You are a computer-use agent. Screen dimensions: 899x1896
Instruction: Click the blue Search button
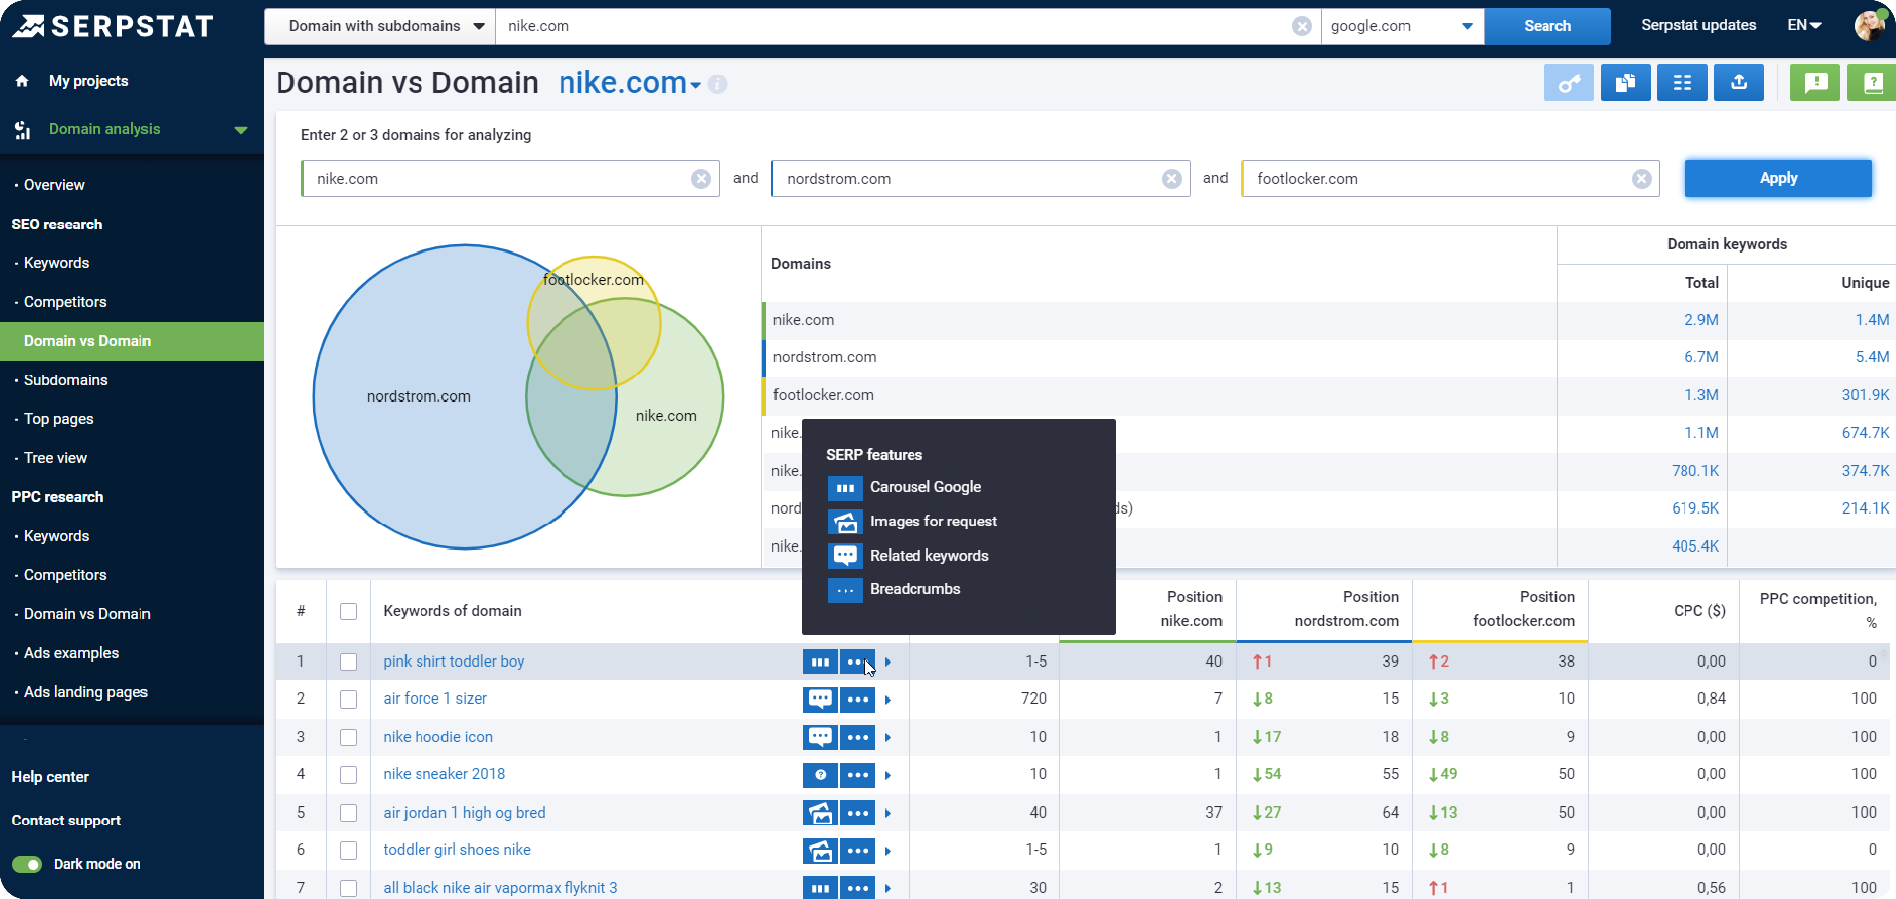tap(1546, 26)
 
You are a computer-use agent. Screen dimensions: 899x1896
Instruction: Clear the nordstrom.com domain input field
tap(1171, 179)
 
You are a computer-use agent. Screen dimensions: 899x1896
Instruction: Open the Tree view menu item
tap(55, 457)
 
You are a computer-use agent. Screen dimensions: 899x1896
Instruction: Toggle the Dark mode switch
tap(27, 864)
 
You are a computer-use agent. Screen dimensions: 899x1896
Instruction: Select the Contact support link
tap(66, 820)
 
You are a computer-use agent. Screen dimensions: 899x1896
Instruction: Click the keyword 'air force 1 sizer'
tap(435, 698)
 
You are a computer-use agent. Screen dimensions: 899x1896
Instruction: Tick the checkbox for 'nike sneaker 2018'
tap(348, 774)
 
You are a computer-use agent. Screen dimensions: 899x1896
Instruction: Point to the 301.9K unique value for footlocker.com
tap(1864, 395)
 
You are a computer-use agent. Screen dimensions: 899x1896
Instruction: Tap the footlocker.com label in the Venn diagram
tap(593, 279)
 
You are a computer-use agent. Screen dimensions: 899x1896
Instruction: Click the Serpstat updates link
tap(1698, 25)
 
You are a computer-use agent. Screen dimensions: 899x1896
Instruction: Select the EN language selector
tap(1803, 25)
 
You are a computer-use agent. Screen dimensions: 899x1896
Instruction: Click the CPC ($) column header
tap(1699, 610)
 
